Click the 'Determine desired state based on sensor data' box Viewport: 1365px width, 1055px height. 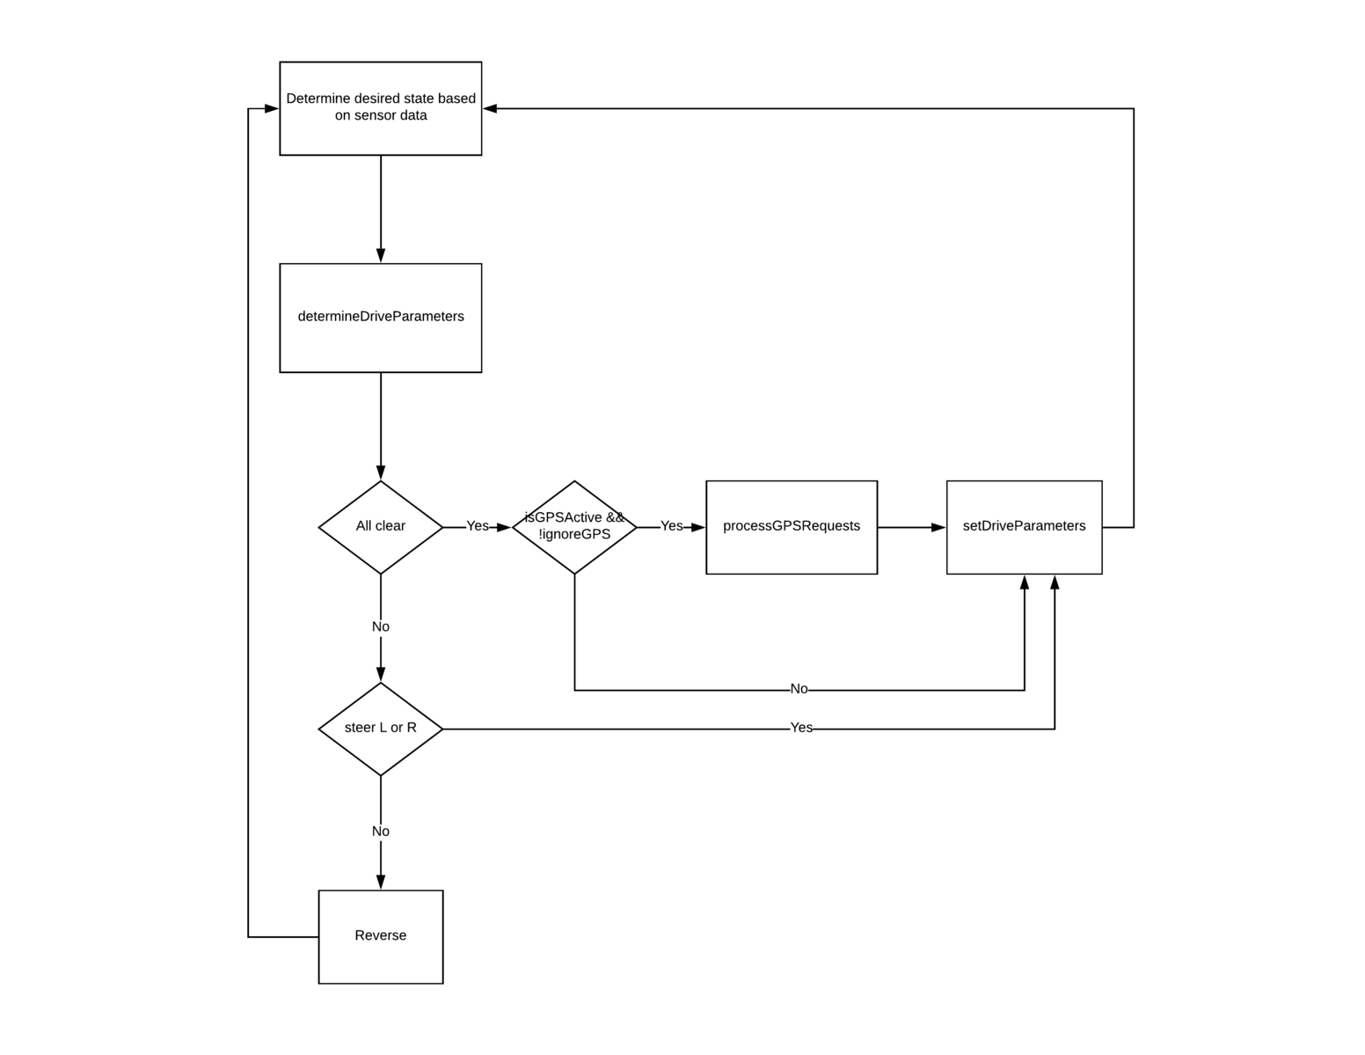click(x=381, y=108)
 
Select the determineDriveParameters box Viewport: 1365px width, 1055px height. click(x=381, y=318)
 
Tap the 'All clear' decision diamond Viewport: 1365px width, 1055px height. click(x=381, y=527)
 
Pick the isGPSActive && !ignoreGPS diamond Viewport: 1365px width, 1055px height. click(x=574, y=527)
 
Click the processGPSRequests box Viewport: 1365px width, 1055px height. click(x=792, y=527)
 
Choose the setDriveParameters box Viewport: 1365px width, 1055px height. click(x=1024, y=527)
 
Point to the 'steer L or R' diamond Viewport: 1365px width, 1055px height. click(x=381, y=729)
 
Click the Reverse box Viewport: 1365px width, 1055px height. click(x=381, y=936)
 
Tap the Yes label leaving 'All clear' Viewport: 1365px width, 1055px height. click(x=478, y=526)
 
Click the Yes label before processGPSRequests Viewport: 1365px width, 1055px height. click(x=672, y=526)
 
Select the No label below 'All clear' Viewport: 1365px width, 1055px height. click(x=381, y=626)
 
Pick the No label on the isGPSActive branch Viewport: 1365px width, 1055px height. click(x=799, y=689)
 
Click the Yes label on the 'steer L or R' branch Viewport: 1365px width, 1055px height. click(x=801, y=728)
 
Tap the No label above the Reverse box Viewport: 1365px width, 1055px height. click(x=381, y=832)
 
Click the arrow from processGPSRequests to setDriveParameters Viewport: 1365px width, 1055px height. click(x=912, y=527)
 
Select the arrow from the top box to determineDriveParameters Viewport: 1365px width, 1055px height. click(x=381, y=209)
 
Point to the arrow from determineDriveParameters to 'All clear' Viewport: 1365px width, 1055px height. click(x=381, y=427)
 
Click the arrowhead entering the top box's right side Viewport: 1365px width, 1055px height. click(x=490, y=109)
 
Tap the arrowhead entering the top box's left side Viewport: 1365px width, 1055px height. click(x=272, y=109)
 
